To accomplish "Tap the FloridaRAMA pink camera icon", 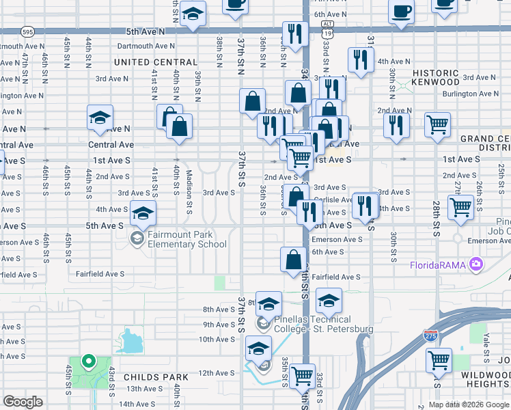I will (477, 264).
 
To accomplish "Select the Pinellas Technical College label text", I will (323, 324).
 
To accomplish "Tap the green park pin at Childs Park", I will (87, 361).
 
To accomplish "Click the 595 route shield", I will (27, 31).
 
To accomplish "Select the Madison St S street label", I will (187, 182).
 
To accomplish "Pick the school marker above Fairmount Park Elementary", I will (143, 214).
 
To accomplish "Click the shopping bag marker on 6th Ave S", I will (293, 260).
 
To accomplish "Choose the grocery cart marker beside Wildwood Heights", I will (438, 360).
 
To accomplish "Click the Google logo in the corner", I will (23, 402).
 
